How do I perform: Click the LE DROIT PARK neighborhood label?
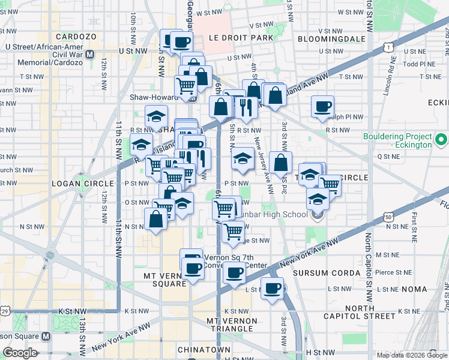pos(241,37)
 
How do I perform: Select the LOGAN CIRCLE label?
pos(83,183)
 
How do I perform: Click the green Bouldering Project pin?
pos(442,140)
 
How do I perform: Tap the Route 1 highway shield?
pos(390,47)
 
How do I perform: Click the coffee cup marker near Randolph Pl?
pos(322,106)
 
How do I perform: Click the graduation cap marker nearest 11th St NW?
pos(142,145)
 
